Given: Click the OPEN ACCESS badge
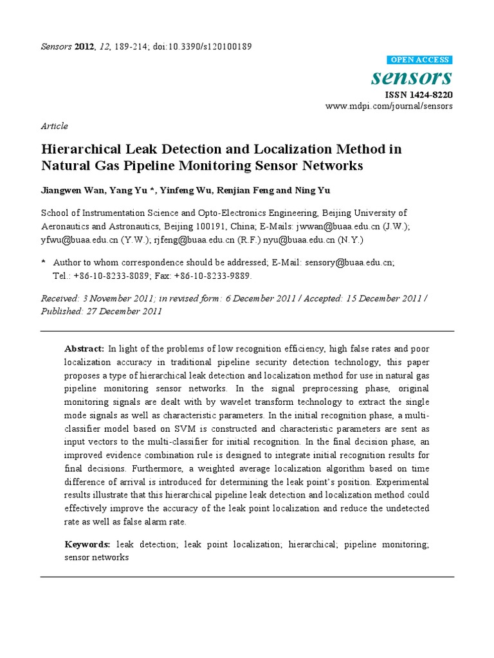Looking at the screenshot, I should coord(421,60).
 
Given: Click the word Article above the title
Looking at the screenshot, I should coord(54,126).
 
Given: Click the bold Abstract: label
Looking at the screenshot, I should coord(84,348).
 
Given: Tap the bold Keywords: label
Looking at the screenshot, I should coord(87,544).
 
